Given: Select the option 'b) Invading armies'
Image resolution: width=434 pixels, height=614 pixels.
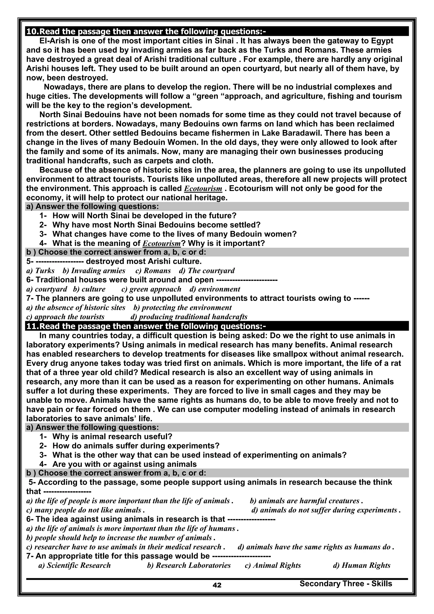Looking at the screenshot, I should (x=94, y=271).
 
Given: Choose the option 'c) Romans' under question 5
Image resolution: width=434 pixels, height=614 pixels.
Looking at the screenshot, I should (x=153, y=271).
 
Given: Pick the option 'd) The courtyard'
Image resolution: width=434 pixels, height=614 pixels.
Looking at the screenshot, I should (x=207, y=271).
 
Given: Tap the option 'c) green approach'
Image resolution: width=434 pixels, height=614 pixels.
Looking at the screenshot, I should (x=151, y=289).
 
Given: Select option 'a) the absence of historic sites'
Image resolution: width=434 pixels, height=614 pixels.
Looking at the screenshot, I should (x=76, y=308).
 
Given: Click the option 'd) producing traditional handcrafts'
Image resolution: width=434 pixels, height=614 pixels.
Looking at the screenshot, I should (x=189, y=317).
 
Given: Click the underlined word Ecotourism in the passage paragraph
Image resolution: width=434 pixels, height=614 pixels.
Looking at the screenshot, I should (x=203, y=189).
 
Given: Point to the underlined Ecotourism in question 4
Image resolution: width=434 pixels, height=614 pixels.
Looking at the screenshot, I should (x=162, y=243).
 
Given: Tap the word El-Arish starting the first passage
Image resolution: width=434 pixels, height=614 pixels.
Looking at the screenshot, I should (x=55, y=41).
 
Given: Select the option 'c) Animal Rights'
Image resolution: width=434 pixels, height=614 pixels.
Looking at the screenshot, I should (x=273, y=565).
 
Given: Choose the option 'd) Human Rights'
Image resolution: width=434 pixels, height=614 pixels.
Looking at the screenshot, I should (x=362, y=565).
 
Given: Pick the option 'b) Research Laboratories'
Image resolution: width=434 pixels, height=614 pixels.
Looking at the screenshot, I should (x=189, y=565).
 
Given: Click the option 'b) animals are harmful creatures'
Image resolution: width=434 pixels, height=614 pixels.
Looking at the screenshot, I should (x=306, y=501).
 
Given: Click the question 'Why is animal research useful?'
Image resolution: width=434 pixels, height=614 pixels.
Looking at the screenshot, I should (x=112, y=437).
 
